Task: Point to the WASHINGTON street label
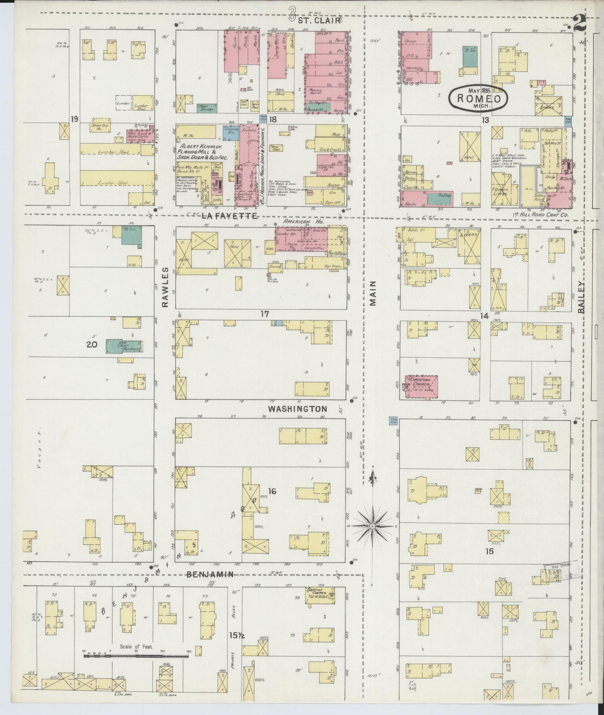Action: coord(298,409)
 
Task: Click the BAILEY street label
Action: coord(581,298)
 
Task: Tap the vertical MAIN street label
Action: coord(372,293)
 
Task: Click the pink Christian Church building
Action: coord(422,387)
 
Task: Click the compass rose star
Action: coord(372,527)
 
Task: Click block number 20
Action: coord(92,344)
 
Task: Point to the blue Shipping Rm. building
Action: coord(231,132)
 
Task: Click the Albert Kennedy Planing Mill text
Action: coord(199,152)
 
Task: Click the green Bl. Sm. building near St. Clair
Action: coord(470,57)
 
